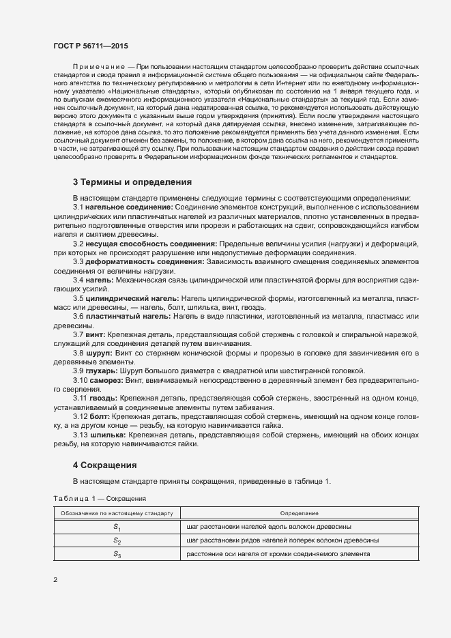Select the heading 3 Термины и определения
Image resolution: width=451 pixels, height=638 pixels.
click(x=132, y=182)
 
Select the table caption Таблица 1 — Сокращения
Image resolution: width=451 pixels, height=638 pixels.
click(x=99, y=499)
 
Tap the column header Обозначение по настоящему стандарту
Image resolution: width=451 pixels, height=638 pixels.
click(x=117, y=513)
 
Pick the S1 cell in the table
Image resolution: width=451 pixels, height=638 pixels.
click(x=117, y=527)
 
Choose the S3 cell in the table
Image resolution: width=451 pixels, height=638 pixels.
click(x=117, y=554)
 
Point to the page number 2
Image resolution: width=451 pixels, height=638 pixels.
click(x=55, y=581)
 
